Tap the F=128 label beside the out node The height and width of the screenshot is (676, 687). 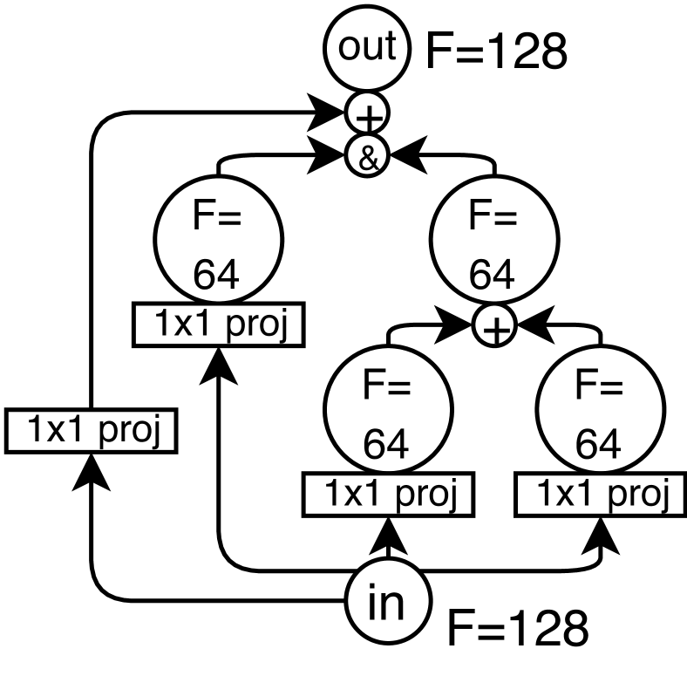click(496, 53)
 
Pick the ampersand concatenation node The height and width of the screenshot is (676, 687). click(367, 157)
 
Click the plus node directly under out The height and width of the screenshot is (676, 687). click(367, 114)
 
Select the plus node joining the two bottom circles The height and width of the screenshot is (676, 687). click(494, 329)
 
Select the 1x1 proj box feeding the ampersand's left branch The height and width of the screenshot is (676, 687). click(218, 324)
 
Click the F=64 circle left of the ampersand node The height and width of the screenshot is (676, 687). click(218, 245)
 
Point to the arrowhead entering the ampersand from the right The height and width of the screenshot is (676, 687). click(402, 157)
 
